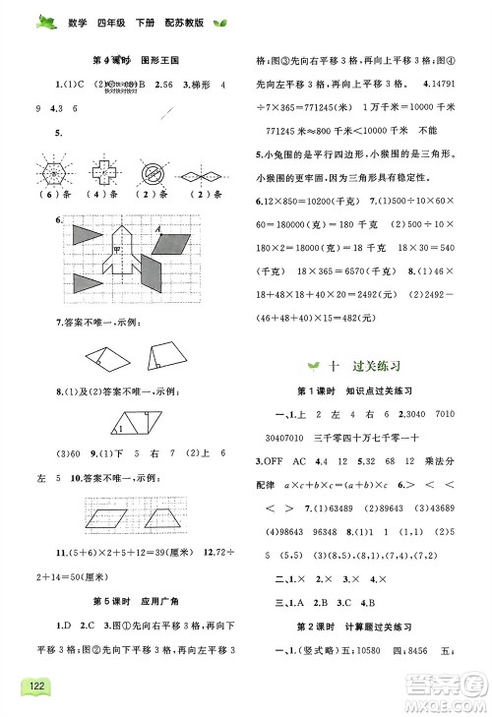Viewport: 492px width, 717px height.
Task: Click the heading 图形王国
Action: tap(163, 59)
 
